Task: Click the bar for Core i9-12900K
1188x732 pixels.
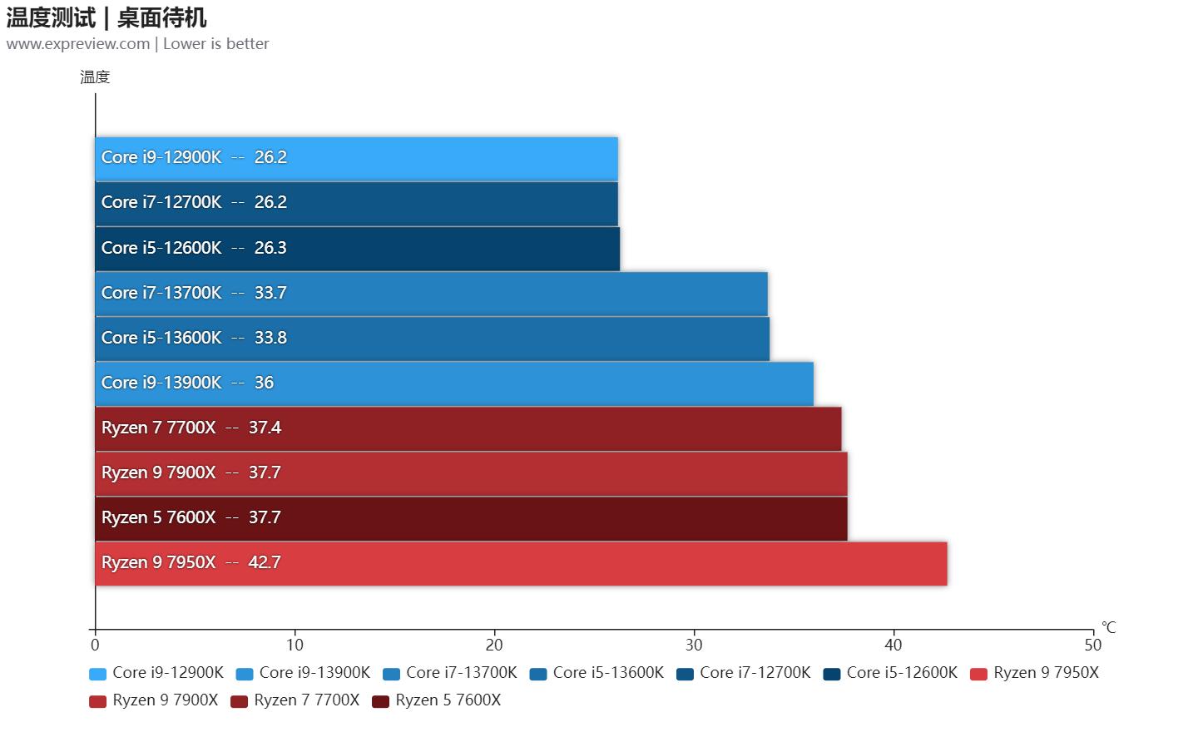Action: (356, 158)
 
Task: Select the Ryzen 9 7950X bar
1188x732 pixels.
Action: (521, 563)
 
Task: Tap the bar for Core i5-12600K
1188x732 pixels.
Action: (358, 249)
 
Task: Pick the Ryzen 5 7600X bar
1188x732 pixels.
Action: (471, 518)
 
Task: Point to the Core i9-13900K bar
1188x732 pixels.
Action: (454, 383)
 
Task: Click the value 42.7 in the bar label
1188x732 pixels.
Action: (265, 563)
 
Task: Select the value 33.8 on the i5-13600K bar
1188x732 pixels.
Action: (270, 339)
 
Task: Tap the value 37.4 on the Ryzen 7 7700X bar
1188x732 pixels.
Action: (265, 428)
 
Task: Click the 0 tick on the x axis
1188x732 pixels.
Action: (95, 645)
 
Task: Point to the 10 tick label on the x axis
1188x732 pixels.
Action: (295, 645)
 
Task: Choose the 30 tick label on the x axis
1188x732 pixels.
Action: (694, 645)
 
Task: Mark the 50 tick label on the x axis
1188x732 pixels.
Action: (1092, 645)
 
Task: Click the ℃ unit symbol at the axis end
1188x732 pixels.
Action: (1108, 627)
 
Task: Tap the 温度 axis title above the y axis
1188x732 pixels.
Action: (95, 77)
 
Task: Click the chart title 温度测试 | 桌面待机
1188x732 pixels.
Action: (106, 17)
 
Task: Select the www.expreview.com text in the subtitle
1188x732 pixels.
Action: (78, 44)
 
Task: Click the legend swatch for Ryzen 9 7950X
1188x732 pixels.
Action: (978, 674)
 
